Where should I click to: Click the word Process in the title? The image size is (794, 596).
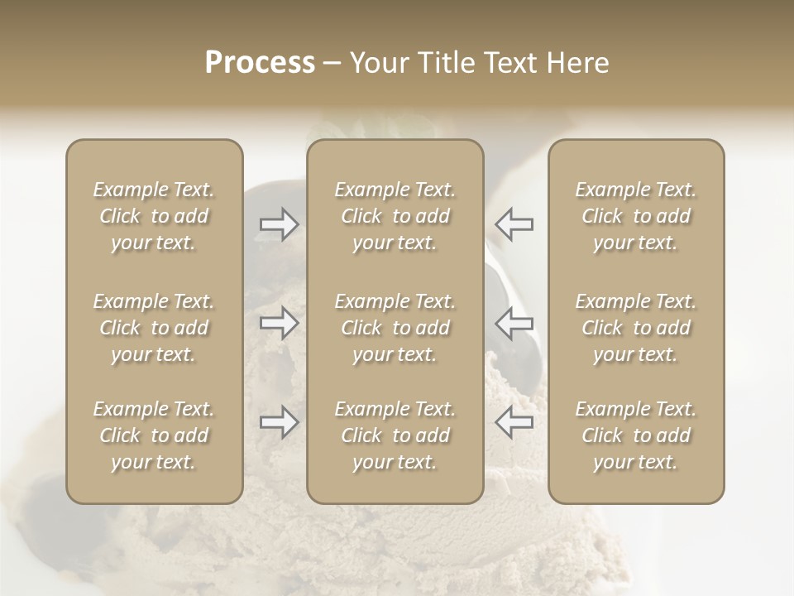pos(260,63)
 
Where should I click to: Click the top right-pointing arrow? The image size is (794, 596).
pos(280,223)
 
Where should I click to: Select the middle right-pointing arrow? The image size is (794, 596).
pos(280,323)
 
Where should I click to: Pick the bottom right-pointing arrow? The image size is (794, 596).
pos(280,422)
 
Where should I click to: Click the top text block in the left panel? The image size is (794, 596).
pos(154,216)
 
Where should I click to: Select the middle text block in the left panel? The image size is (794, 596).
pos(154,328)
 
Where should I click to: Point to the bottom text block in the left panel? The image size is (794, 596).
pos(154,435)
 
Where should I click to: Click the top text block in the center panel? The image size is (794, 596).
pos(395,216)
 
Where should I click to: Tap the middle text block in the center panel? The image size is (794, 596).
pos(395,328)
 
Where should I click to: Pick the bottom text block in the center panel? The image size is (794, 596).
pos(395,435)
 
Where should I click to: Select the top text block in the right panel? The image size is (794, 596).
pos(636,216)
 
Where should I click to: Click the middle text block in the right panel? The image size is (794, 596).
pos(636,328)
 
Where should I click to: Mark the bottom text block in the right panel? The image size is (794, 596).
pos(636,435)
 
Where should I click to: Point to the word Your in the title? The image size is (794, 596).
pos(376,63)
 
